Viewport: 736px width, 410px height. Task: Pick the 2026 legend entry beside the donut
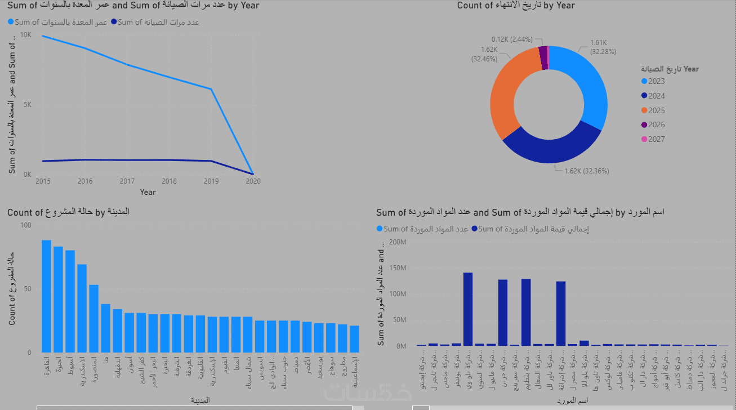tap(656, 125)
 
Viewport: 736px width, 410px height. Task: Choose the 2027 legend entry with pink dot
tap(656, 140)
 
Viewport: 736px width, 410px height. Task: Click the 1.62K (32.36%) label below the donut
tap(586, 171)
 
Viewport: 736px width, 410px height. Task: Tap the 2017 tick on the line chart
tap(127, 181)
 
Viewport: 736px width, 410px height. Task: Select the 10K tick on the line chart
tap(26, 35)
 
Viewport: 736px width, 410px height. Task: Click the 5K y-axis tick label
tap(27, 105)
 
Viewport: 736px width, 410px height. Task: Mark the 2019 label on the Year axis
tap(211, 181)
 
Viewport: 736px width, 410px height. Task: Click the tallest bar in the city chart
tap(46, 296)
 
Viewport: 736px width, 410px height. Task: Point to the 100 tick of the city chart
tap(26, 225)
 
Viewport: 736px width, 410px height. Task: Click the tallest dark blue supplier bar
tap(467, 309)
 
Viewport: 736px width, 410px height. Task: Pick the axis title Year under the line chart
tap(148, 192)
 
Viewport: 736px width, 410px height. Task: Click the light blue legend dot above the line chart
tap(11, 23)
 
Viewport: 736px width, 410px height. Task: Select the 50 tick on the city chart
tap(28, 289)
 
